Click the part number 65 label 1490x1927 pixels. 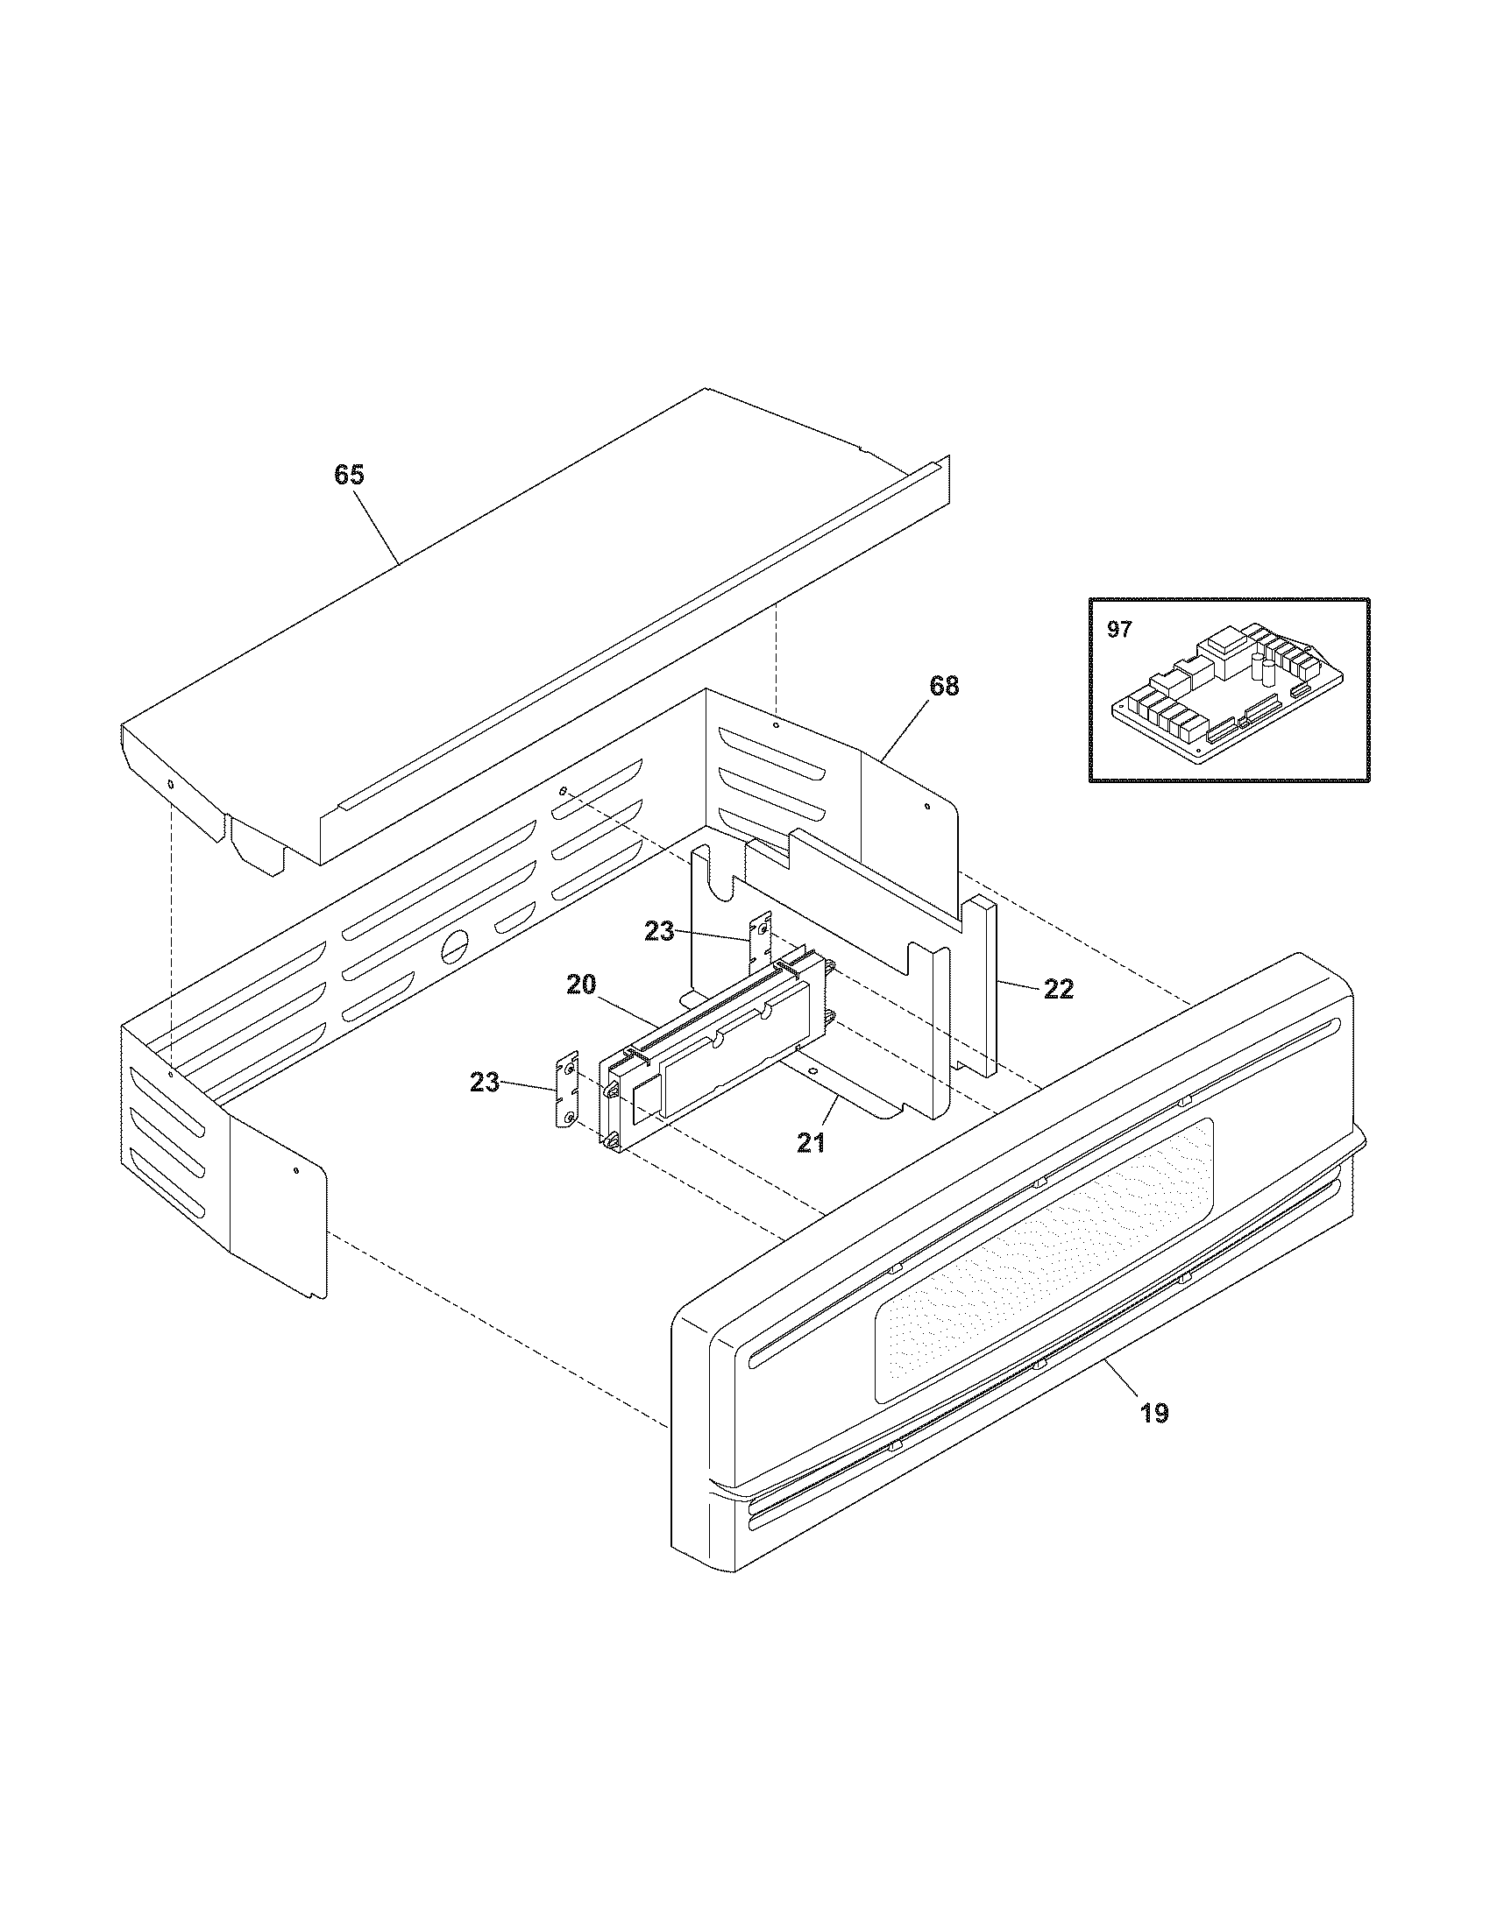click(x=349, y=475)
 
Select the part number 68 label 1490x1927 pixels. click(x=944, y=686)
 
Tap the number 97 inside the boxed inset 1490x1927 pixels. click(x=1119, y=631)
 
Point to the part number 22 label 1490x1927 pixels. click(x=1059, y=990)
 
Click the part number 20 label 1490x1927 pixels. click(x=582, y=984)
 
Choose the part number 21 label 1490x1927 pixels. click(x=811, y=1143)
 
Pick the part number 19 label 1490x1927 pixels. click(x=1154, y=1414)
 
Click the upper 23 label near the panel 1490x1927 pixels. click(x=659, y=931)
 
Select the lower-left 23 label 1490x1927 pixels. click(x=485, y=1082)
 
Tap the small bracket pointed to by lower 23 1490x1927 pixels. click(x=565, y=1092)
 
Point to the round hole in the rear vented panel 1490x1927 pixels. click(x=453, y=945)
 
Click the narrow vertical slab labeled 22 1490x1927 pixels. click(x=985, y=984)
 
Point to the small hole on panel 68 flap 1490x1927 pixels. click(x=926, y=807)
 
